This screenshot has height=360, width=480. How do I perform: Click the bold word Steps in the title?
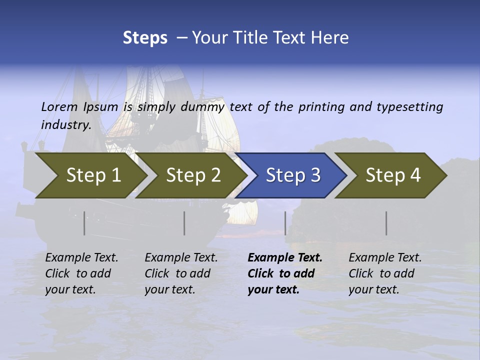145,38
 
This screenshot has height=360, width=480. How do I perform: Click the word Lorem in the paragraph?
59,106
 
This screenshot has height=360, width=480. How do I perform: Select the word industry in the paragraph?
65,124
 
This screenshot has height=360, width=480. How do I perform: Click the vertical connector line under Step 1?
84,223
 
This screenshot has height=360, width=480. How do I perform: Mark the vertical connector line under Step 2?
184,223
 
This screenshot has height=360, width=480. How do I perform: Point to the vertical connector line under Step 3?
285,223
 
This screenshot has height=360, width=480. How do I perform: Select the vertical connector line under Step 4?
386,223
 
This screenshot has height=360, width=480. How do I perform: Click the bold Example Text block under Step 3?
284,273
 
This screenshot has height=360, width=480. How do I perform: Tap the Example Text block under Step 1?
81,273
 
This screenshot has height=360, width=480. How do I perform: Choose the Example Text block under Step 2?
181,273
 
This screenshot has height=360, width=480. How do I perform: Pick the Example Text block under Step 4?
385,273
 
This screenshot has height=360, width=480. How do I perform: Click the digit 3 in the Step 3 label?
314,175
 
